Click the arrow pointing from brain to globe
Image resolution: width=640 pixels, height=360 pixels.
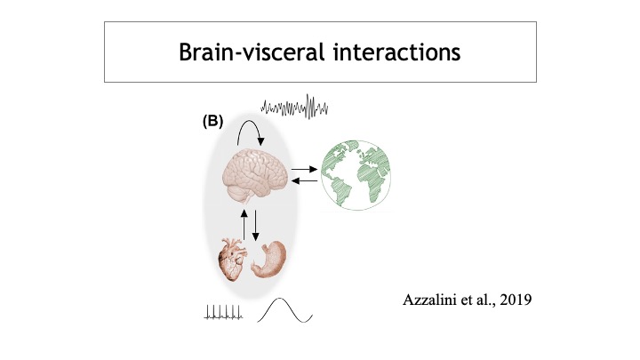304,167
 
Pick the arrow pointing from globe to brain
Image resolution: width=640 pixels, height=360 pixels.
304,180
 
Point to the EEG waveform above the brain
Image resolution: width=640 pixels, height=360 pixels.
296,108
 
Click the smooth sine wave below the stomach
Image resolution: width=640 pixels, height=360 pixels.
285,311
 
